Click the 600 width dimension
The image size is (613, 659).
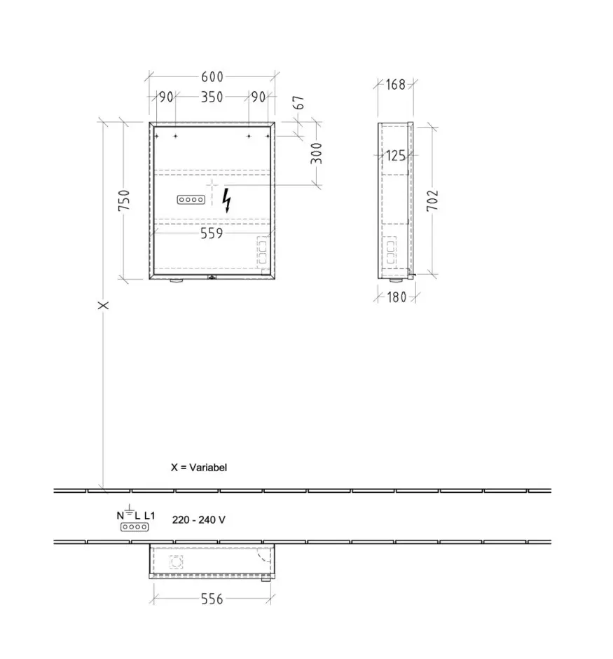212,77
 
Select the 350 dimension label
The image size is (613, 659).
212,97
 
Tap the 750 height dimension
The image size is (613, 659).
124,200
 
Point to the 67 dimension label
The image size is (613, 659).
298,102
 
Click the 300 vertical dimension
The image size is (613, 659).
316,154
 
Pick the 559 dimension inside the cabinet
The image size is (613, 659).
212,233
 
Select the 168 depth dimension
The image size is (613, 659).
396,84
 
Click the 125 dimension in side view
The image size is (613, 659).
396,156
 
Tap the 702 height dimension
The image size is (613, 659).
432,200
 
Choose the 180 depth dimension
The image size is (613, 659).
397,297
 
